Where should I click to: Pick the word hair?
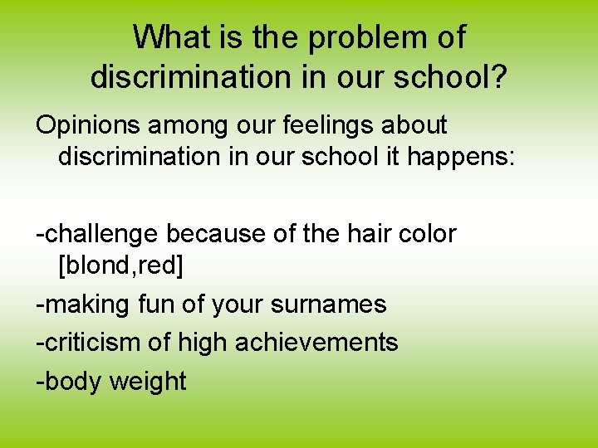click(357, 234)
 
